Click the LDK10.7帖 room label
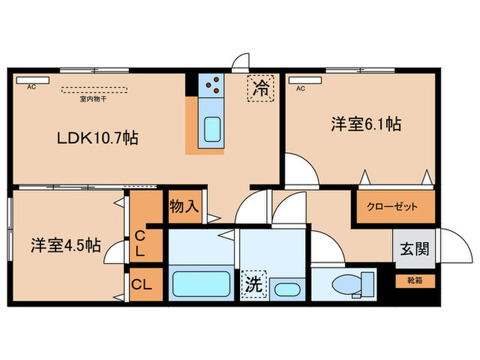[98, 138]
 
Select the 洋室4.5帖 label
[66, 245]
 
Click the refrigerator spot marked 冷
[261, 88]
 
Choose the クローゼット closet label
[395, 206]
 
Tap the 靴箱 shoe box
[415, 280]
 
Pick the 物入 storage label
[184, 206]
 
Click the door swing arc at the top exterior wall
[240, 62]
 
